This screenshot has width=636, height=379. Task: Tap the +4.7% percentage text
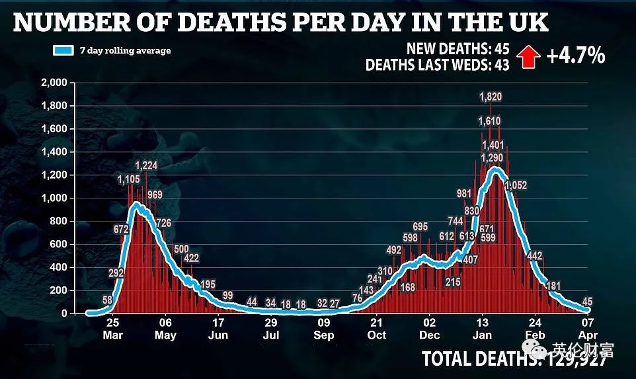tap(576, 56)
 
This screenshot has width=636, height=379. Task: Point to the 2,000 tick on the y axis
tap(54, 83)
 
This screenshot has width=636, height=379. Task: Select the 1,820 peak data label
tap(491, 97)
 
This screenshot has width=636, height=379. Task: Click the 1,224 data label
tap(146, 165)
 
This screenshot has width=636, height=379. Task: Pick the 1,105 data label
tap(128, 180)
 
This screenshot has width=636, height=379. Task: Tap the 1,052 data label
tap(516, 186)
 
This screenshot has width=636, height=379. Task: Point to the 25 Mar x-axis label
tap(112, 329)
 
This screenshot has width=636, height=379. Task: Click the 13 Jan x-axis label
tap(483, 329)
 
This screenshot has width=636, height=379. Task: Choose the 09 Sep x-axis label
tap(324, 329)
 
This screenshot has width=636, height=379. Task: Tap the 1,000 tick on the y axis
tap(54, 198)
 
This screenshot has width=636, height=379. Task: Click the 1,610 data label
tap(490, 122)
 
